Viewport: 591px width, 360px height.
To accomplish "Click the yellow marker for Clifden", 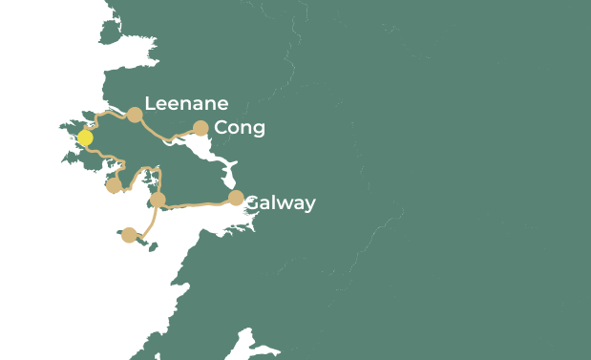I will pos(85,138).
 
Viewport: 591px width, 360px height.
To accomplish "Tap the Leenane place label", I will pos(186,104).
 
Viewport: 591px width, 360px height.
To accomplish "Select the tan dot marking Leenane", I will pos(135,115).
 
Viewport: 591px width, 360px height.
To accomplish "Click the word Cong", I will pos(240,128).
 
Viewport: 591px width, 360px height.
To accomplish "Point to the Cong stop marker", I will pos(201,128).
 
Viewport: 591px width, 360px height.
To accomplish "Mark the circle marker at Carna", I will pos(114,185).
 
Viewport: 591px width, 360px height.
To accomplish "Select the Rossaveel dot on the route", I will pos(158,200).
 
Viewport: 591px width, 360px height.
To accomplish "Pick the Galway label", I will pos(280,203).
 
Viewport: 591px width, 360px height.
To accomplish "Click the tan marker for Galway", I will pos(236,198).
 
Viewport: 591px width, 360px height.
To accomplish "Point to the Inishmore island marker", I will pos(129,235).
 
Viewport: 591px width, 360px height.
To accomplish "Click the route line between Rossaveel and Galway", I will pos(196,203).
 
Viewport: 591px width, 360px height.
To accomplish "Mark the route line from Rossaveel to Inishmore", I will pos(151,222).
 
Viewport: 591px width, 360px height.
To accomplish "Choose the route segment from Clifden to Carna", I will pos(107,158).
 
